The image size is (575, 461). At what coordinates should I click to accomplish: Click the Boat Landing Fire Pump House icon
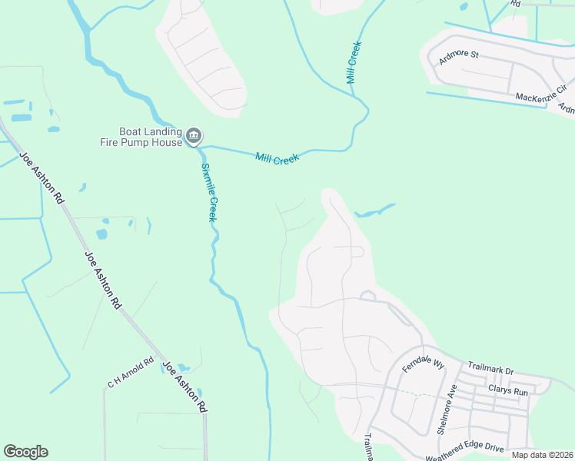click(x=194, y=137)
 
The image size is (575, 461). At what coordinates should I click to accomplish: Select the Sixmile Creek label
click(x=208, y=193)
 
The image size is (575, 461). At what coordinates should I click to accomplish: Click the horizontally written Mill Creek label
click(x=276, y=158)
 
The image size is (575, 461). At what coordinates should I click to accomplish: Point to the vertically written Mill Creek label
click(x=354, y=62)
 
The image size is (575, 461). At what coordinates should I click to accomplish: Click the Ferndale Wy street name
click(x=424, y=363)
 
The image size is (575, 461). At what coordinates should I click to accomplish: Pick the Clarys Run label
click(x=510, y=392)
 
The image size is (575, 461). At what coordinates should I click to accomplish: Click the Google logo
click(x=25, y=452)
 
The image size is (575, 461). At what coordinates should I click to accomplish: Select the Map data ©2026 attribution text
click(x=542, y=455)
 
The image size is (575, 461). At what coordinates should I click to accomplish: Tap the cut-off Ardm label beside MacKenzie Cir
click(x=567, y=108)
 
